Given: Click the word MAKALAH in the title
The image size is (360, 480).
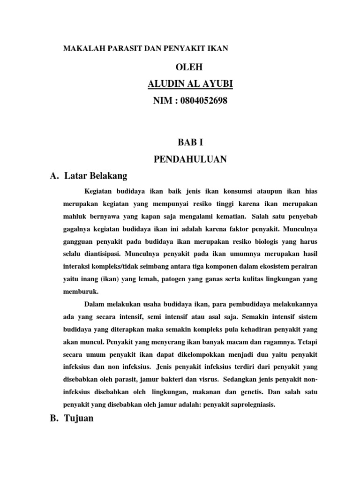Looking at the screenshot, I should (x=80, y=49).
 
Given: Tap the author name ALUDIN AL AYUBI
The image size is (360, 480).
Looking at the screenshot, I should (x=190, y=84).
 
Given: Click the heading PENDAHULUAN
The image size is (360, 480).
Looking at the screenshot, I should (x=190, y=159).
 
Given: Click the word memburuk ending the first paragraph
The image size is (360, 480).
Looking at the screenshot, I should (x=78, y=291).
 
